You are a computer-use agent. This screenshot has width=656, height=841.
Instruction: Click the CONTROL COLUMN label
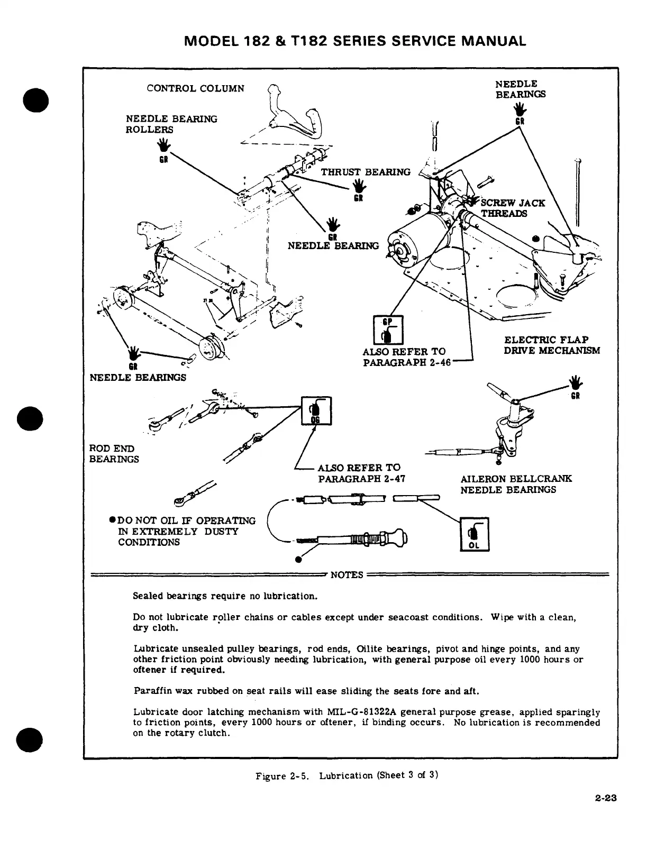click(x=195, y=88)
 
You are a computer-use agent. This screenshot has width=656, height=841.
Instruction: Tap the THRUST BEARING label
click(x=366, y=172)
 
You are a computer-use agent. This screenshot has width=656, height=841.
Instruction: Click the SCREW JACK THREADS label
click(x=512, y=208)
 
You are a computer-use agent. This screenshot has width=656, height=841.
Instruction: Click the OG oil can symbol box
click(x=316, y=410)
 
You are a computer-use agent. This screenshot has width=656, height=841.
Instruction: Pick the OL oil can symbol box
click(x=475, y=534)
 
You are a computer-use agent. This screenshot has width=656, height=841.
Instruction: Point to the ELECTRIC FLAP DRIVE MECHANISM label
click(x=552, y=345)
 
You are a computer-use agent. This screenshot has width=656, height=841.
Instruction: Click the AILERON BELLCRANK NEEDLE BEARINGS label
click(x=516, y=484)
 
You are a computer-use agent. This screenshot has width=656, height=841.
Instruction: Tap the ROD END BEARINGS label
click(x=114, y=454)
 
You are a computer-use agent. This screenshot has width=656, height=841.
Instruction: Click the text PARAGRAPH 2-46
click(x=406, y=363)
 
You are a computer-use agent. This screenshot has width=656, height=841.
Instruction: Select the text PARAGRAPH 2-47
click(x=361, y=479)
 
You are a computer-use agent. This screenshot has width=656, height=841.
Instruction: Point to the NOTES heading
click(x=347, y=575)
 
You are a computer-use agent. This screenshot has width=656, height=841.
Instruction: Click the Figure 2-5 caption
click(x=347, y=776)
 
